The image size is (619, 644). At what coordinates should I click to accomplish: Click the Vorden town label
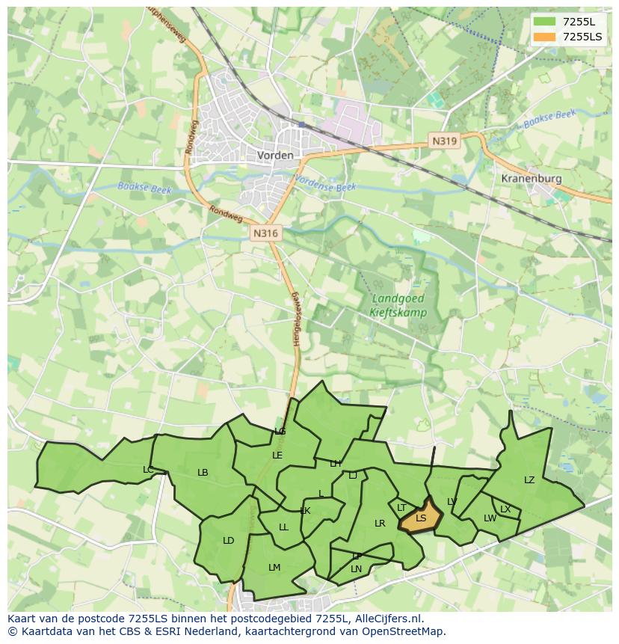(274, 156)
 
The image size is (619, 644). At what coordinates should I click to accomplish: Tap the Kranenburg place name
(531, 180)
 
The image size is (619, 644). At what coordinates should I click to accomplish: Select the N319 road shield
(444, 141)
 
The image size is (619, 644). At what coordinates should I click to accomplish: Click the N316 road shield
(265, 233)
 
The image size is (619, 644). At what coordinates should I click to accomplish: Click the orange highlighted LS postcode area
(421, 518)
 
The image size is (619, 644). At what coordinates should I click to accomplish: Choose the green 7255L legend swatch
(545, 22)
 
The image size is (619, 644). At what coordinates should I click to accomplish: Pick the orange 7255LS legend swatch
(545, 37)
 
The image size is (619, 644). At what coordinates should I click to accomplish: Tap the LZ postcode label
(529, 480)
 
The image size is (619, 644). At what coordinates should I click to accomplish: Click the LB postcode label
(203, 473)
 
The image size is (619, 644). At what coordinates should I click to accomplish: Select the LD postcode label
(228, 541)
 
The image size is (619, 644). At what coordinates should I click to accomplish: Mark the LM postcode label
(274, 568)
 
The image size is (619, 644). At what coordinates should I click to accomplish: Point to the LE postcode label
(277, 455)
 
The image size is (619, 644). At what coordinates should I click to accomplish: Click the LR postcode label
(380, 524)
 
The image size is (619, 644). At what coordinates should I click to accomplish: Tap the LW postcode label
(490, 518)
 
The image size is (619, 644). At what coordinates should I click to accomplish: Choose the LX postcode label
(505, 509)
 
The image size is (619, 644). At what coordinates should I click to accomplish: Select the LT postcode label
(401, 508)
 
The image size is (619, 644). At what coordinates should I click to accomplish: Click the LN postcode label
(356, 569)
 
